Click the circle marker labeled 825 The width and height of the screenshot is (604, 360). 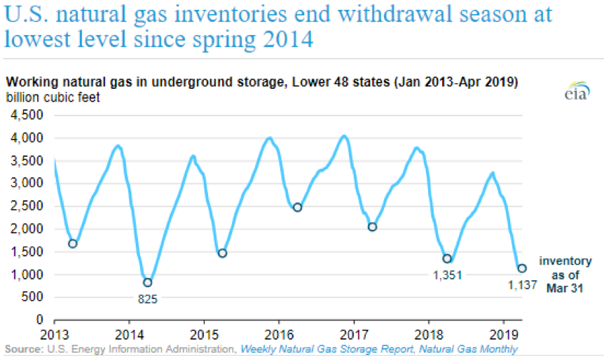[147, 282]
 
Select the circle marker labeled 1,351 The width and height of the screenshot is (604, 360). [447, 258]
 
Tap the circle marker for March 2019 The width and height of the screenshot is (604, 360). [521, 268]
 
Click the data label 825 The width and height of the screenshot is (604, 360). [147, 299]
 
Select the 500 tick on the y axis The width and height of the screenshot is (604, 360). [32, 298]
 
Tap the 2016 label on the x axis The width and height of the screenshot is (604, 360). [278, 333]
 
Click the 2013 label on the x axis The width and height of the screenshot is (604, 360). [54, 333]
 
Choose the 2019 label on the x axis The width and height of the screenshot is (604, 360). [503, 333]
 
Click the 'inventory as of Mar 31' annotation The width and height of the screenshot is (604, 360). [565, 274]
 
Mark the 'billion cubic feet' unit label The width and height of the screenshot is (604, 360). [53, 97]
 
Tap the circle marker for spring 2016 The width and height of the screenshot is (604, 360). [297, 207]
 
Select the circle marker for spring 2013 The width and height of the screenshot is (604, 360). [72, 244]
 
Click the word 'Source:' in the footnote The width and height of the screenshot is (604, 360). [22, 349]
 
